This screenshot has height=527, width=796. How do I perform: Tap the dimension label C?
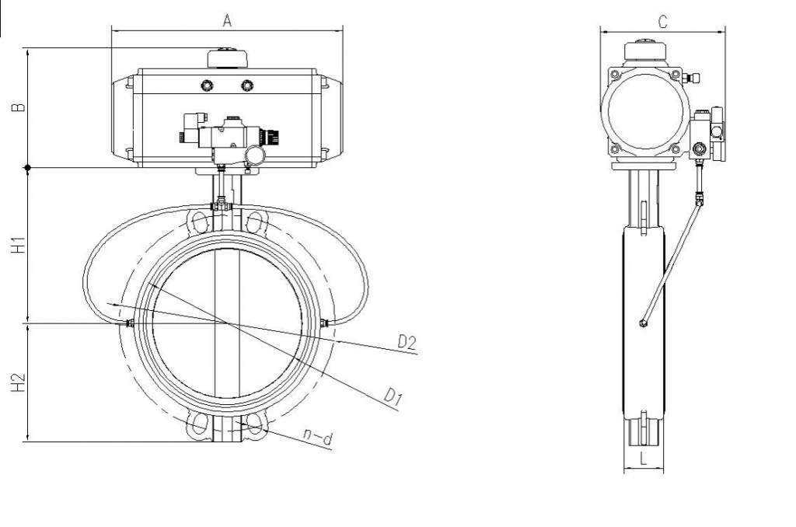(662, 22)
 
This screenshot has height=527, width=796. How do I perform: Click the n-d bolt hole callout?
(319, 439)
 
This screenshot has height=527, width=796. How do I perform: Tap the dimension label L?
(643, 459)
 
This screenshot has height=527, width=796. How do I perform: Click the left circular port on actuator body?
(208, 84)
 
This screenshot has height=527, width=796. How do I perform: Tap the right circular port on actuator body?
(247, 84)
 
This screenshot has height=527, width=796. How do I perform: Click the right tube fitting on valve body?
(325, 322)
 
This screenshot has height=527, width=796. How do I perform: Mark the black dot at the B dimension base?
(28, 167)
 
